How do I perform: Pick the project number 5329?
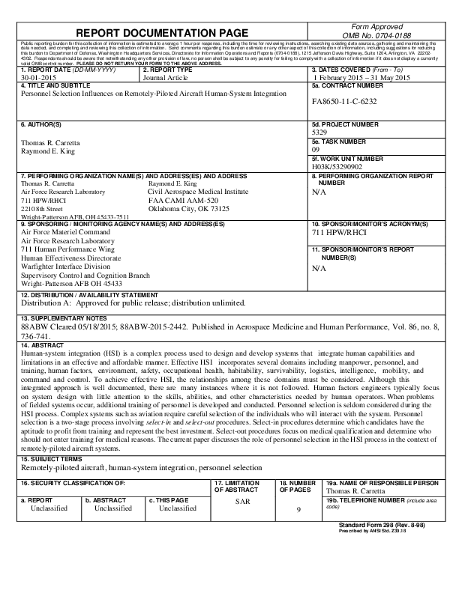point(320,130)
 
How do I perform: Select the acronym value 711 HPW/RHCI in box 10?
point(339,232)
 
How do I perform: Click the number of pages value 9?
point(298,510)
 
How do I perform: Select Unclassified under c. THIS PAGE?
point(178,508)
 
